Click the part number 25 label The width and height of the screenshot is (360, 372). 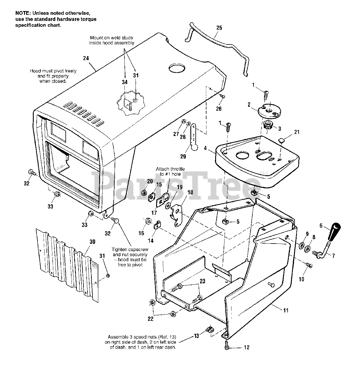coord(219,28)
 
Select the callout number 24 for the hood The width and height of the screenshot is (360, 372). coord(86,58)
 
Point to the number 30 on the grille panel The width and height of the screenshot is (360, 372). coord(92,242)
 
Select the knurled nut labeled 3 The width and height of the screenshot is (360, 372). coord(268,126)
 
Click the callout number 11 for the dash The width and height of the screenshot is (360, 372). coord(286,310)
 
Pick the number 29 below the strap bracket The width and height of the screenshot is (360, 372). coord(183,156)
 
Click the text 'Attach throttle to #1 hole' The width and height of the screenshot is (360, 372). coord(170,171)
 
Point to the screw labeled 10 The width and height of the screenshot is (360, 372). coord(309,264)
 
